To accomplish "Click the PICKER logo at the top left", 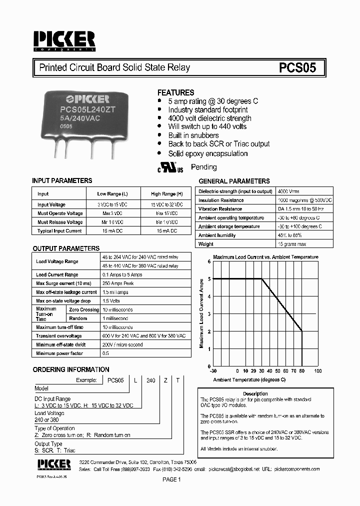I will click(64, 40).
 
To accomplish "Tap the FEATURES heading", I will click(175, 92).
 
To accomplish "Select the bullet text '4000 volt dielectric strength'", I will click(209, 118).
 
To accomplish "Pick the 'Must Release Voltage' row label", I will click(60, 222).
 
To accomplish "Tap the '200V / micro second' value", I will click(122, 345).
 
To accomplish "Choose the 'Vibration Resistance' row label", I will click(220, 209).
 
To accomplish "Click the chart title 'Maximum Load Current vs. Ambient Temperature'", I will click(265, 257).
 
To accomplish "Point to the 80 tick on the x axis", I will click(301, 371).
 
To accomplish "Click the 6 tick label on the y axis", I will click(209, 261).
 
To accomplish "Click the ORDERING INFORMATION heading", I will click(71, 370).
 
